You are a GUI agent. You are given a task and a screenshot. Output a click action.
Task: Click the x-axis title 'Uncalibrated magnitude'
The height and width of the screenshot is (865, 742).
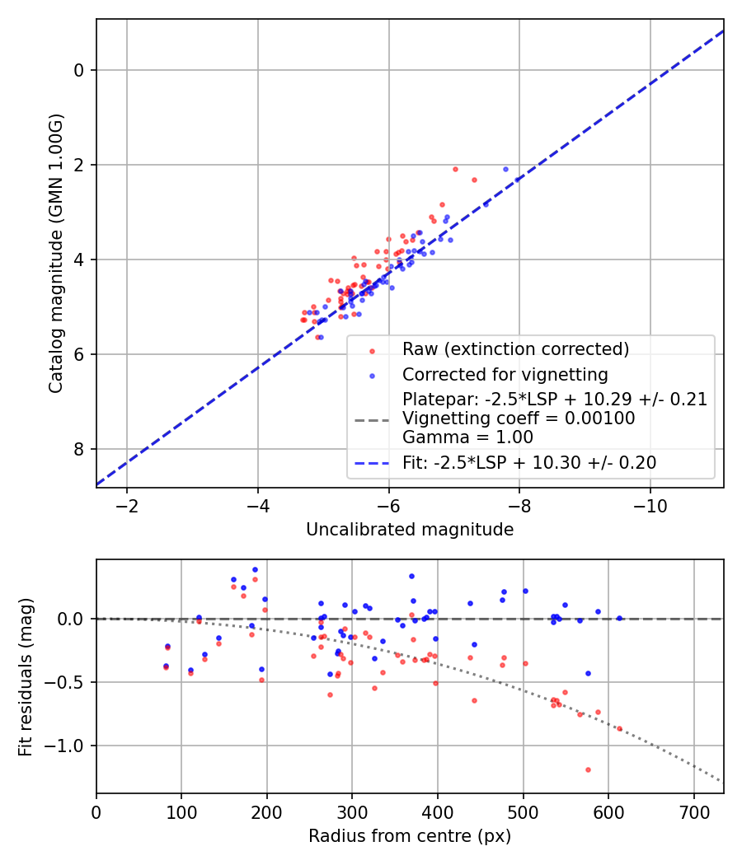click(x=410, y=530)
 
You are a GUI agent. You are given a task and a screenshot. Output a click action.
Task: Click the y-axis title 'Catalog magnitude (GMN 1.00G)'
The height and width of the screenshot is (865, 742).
click(x=55, y=254)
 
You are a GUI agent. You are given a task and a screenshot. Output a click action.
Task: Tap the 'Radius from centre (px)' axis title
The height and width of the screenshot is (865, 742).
click(x=410, y=837)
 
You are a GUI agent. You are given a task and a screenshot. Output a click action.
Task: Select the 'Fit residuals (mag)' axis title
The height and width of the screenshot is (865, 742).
click(x=26, y=676)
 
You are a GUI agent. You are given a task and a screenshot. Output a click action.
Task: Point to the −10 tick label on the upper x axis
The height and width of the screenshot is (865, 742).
click(x=650, y=504)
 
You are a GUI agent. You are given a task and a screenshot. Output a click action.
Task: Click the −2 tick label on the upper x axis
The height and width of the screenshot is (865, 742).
click(x=126, y=504)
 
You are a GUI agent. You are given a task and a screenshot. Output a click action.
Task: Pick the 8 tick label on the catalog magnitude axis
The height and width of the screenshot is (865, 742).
click(x=79, y=449)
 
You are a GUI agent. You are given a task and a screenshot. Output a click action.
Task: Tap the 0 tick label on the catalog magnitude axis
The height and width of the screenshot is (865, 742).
click(x=79, y=70)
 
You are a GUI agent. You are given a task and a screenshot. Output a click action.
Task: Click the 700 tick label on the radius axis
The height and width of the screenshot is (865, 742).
click(x=693, y=811)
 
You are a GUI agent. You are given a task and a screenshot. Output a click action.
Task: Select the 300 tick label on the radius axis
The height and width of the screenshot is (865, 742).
click(x=352, y=811)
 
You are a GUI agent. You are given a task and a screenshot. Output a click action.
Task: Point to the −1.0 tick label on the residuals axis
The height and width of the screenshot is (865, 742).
click(x=70, y=746)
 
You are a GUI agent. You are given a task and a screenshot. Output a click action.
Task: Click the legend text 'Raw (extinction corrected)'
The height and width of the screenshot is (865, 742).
click(x=515, y=349)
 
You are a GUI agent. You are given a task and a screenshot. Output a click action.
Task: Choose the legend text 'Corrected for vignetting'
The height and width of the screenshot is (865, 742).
click(x=505, y=375)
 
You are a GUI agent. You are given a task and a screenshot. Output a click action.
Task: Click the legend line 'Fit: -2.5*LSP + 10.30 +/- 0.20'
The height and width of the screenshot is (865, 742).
click(x=371, y=463)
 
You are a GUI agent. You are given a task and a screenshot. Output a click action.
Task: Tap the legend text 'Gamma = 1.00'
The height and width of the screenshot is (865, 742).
click(x=467, y=437)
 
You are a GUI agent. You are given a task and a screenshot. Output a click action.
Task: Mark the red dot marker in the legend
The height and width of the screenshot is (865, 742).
click(x=372, y=350)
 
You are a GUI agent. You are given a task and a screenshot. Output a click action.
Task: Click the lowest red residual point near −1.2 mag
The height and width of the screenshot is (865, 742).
click(x=588, y=769)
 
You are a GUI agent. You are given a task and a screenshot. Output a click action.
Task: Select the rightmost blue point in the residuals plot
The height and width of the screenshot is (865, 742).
click(x=619, y=618)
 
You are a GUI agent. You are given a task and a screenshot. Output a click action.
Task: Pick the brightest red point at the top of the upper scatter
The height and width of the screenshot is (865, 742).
click(x=455, y=169)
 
